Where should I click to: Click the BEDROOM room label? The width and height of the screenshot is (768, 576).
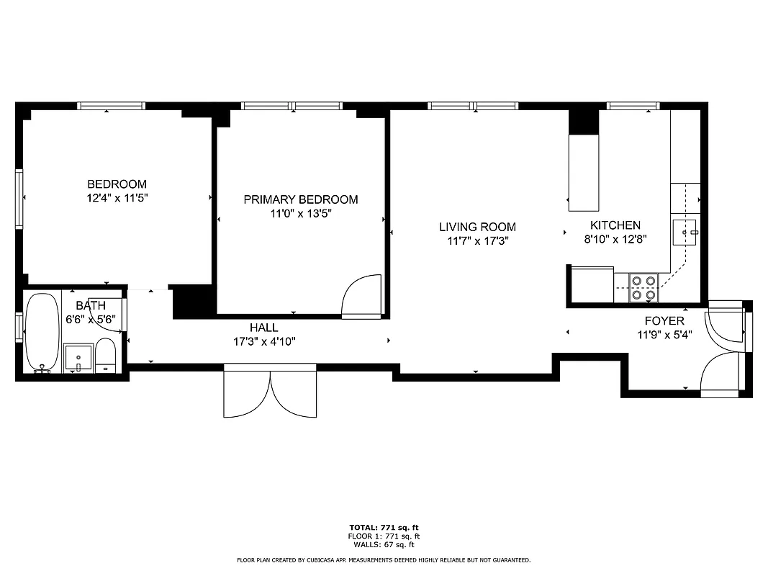(x=117, y=184)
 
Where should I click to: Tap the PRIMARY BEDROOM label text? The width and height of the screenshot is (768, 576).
(x=300, y=199)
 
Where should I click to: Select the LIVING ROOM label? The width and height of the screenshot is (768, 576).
(x=477, y=227)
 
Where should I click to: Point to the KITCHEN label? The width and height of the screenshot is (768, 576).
(x=615, y=225)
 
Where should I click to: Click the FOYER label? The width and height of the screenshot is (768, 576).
(x=664, y=320)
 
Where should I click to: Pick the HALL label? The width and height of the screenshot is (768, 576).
(x=264, y=328)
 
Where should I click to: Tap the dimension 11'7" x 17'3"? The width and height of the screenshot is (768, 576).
(x=477, y=241)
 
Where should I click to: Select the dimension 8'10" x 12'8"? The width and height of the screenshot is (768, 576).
(x=615, y=239)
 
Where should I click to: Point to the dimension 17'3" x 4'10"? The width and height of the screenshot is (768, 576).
(x=264, y=341)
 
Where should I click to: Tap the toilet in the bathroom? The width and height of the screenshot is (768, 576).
(x=106, y=355)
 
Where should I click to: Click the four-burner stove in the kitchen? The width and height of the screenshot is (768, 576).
(x=643, y=287)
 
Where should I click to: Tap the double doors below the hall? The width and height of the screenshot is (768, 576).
(x=270, y=391)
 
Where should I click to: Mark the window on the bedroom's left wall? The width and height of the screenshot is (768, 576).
(x=19, y=198)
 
